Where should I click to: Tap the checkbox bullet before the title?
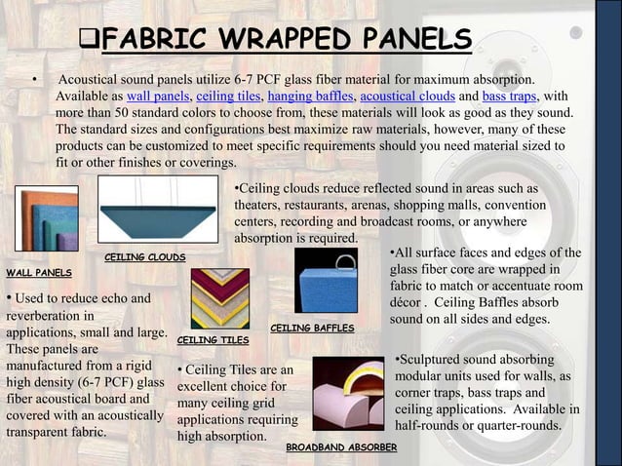[88, 42]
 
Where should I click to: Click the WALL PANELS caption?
[39, 272]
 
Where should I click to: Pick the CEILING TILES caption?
[214, 340]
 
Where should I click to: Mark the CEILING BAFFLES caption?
[312, 329]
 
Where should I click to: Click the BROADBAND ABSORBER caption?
[341, 447]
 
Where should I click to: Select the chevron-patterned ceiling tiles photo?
[220, 297]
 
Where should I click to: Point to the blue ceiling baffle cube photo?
[326, 280]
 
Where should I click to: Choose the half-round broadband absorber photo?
[348, 394]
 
